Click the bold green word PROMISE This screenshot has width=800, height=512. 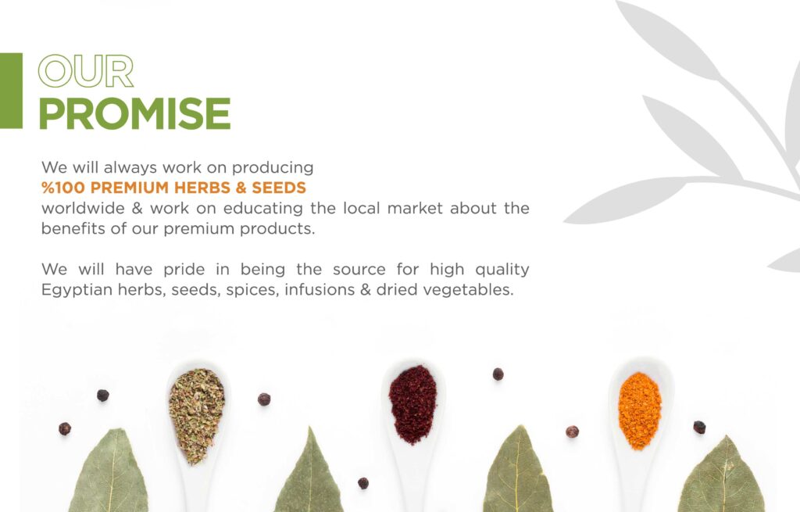(x=134, y=113)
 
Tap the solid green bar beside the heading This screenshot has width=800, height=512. (x=11, y=91)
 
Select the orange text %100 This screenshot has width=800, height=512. (x=62, y=188)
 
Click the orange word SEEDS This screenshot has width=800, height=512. (x=279, y=188)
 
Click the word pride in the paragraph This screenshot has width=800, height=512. (x=184, y=270)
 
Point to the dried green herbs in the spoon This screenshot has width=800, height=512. (x=196, y=414)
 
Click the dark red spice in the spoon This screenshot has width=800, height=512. (x=412, y=404)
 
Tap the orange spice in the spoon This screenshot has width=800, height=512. (x=640, y=410)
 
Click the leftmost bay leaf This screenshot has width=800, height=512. (x=109, y=472)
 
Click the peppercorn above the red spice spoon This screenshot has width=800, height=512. (x=498, y=374)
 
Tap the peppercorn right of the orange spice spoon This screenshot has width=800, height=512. (x=699, y=428)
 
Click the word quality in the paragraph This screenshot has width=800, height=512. (x=502, y=270)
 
